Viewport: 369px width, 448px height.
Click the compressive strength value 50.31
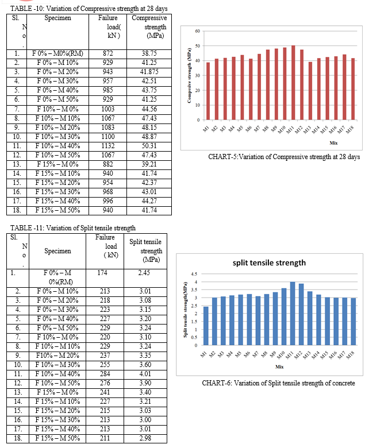tap(149, 146)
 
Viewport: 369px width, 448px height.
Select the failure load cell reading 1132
tap(107, 146)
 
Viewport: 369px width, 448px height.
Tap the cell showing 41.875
tap(149, 72)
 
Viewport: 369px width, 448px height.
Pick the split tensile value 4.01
tap(145, 374)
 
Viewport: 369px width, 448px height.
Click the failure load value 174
tap(102, 273)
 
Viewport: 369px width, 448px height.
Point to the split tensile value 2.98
tap(145, 438)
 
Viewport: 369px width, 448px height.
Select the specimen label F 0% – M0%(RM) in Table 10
tap(57, 53)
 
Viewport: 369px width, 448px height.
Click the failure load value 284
tap(105, 374)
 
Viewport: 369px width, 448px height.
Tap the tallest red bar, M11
tap(293, 83)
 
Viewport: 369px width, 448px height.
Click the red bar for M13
tap(310, 91)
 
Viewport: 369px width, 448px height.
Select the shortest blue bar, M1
tap(206, 326)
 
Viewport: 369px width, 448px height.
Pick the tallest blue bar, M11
tap(293, 314)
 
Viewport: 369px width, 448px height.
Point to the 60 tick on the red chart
tap(198, 31)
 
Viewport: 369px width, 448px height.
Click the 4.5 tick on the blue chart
tap(194, 274)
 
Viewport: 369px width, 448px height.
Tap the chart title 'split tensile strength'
tap(269, 263)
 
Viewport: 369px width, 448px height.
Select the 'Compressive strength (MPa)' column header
tap(149, 27)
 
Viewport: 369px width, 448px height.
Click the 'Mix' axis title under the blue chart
tap(279, 367)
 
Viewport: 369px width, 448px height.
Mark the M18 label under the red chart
tap(350, 130)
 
